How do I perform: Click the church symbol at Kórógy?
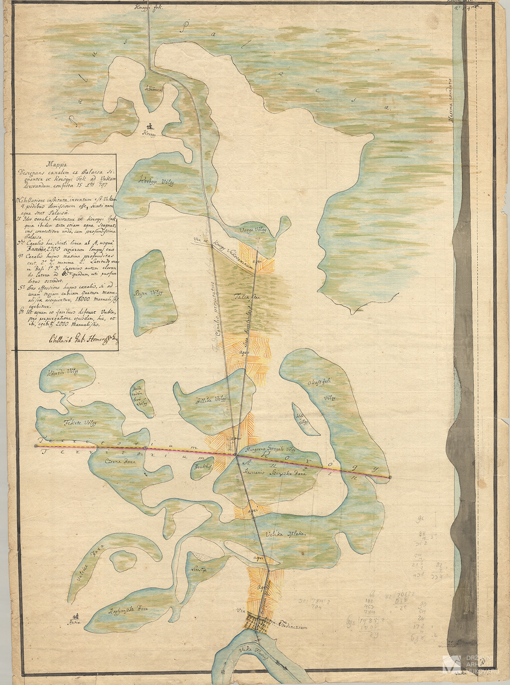click(x=149, y=126)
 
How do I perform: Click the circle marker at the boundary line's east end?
click(x=390, y=478)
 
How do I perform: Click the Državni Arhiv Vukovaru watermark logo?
click(x=471, y=668)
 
